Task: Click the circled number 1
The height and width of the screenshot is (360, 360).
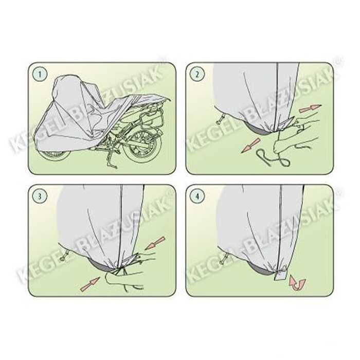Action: click(40, 74)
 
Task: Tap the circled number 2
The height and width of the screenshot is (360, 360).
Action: click(197, 74)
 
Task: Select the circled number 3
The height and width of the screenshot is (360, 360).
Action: click(40, 196)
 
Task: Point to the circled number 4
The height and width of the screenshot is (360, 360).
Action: click(197, 196)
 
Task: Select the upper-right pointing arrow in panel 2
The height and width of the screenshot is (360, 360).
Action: click(310, 107)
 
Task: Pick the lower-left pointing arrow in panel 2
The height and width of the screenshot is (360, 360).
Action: click(251, 146)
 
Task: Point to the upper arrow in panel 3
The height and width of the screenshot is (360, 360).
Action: click(155, 243)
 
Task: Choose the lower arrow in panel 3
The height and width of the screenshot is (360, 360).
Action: click(90, 284)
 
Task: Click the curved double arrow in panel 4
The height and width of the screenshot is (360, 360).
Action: click(298, 283)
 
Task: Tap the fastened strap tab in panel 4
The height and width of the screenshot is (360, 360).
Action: click(281, 276)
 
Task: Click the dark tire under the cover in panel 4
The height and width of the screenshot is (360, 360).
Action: click(262, 270)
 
